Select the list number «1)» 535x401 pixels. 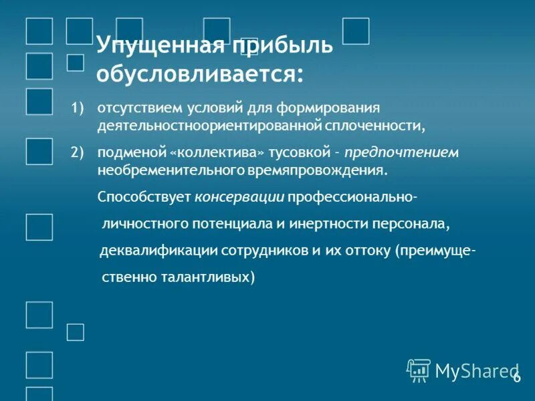79,107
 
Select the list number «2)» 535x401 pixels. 79,152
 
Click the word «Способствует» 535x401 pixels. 144,198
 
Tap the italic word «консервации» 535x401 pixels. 239,198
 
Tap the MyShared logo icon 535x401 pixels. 418,370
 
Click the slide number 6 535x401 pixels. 516,378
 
